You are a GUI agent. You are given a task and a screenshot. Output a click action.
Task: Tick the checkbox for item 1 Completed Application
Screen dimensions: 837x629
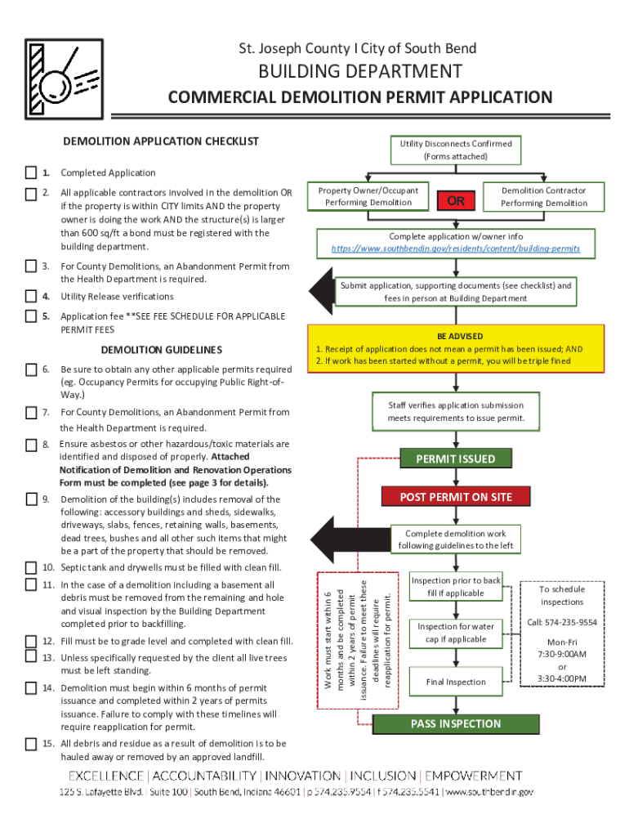pos(31,172)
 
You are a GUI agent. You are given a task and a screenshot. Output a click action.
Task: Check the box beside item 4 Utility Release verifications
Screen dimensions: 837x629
pos(31,296)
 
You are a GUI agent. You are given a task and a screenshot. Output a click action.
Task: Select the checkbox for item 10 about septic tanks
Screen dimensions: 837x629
pos(31,567)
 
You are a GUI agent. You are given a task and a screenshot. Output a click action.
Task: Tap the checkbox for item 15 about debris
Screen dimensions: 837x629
pos(31,744)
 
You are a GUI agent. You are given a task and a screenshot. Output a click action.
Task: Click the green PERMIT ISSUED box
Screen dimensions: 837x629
pos(455,459)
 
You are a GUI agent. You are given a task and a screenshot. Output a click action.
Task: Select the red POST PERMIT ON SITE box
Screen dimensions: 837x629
pos(456,497)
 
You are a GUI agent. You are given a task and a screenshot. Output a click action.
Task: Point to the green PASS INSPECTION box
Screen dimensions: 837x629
pos(456,723)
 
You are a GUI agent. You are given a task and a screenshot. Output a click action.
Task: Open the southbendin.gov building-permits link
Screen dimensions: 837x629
pos(456,248)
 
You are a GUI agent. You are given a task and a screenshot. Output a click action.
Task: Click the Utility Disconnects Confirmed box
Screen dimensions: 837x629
pos(455,150)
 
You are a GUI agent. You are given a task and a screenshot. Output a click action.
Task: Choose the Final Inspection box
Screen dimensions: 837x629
pos(456,682)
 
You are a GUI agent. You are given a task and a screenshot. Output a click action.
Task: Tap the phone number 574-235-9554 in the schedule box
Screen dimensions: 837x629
pos(562,622)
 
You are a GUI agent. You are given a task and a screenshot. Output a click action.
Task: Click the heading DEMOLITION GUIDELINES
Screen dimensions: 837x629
pos(160,350)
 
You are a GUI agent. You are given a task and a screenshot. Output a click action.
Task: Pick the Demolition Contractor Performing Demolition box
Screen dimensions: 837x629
pos(543,196)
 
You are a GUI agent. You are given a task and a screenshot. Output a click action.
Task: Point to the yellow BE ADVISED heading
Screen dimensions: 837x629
pos(460,336)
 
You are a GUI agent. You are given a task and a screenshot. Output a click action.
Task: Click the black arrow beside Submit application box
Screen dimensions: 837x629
pos(321,290)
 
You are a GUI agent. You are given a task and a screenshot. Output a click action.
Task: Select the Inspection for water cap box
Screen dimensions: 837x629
pos(456,633)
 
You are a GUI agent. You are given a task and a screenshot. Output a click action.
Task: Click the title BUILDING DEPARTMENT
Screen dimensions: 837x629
pos(360,72)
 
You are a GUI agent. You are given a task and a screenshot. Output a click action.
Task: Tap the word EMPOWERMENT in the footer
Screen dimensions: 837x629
pos(473,776)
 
